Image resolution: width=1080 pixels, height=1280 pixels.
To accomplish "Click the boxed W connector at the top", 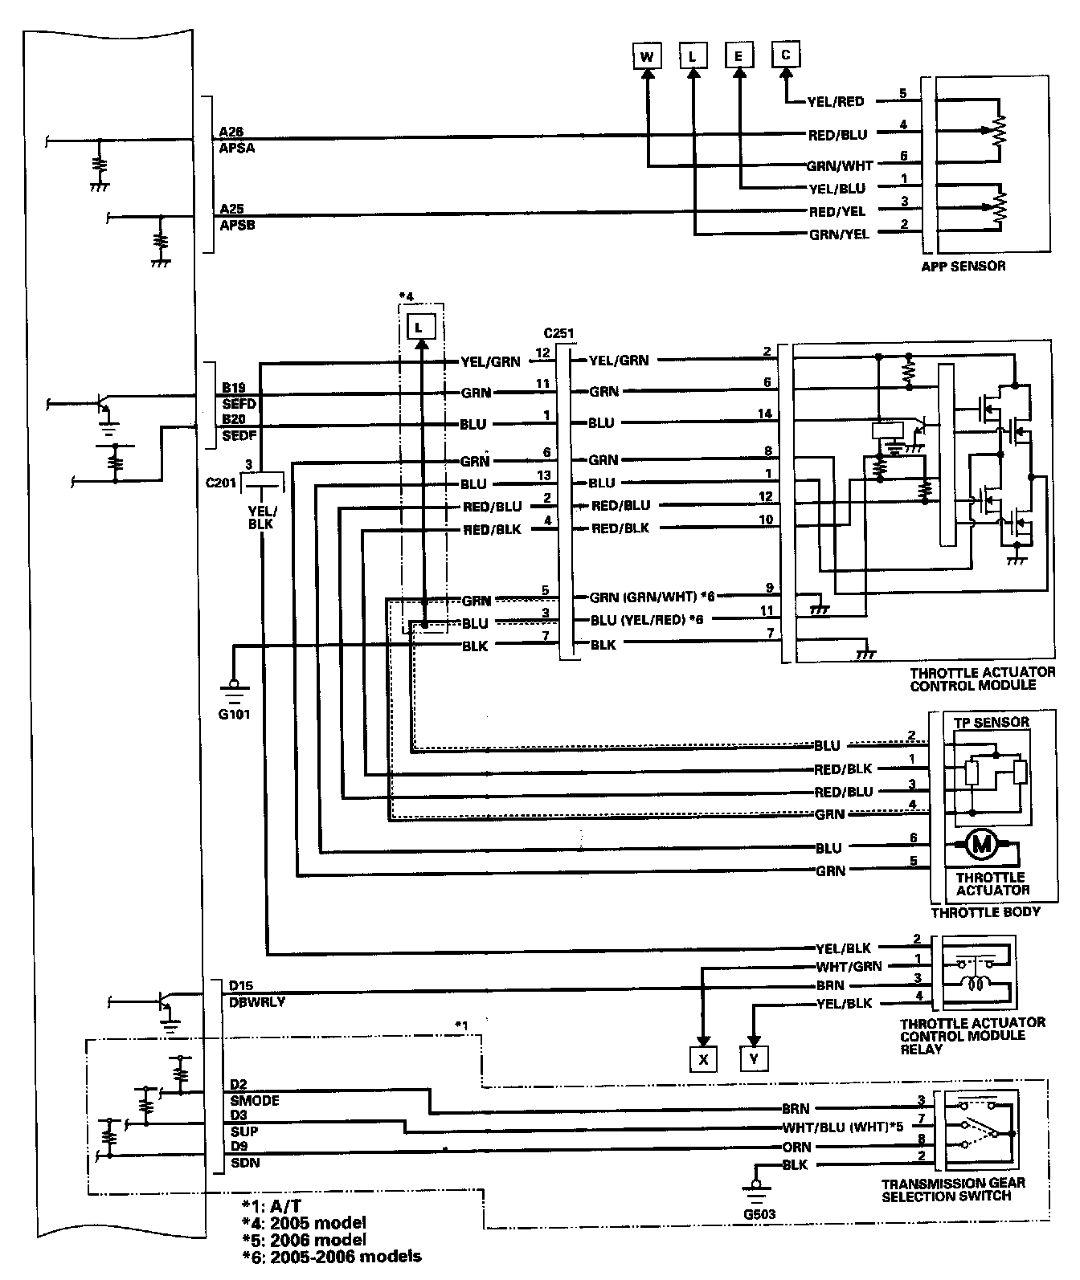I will (647, 56).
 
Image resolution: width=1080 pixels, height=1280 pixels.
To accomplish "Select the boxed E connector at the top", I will (738, 56).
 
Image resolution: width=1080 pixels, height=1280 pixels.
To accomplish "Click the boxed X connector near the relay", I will (703, 1059).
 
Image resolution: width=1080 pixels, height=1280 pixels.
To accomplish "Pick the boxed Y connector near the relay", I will (754, 1059).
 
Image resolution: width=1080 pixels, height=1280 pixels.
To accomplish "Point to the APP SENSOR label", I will (963, 266).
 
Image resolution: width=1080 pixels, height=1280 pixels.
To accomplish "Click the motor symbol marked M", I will (981, 844).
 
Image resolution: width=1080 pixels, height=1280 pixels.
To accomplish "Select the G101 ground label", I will (234, 713).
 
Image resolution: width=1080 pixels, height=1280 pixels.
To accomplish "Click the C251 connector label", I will (558, 333).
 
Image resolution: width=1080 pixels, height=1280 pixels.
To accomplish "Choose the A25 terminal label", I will (232, 209).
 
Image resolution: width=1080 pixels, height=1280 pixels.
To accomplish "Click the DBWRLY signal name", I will (256, 1002).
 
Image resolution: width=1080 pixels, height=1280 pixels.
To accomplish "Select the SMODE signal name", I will (254, 1100).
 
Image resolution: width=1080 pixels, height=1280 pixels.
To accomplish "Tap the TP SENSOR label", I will (991, 722).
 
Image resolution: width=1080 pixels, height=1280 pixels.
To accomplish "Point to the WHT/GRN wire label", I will (849, 967).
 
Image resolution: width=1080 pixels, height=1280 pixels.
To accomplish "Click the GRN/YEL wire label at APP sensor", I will (837, 234).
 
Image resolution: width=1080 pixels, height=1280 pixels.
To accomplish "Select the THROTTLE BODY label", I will (985, 912).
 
